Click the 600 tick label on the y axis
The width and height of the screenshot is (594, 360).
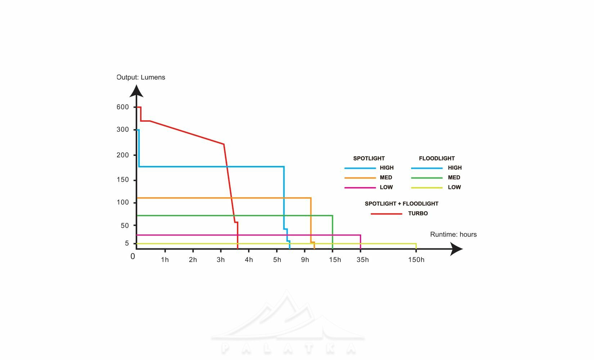pos(122,107)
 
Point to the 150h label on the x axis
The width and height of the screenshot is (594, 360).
pos(416,260)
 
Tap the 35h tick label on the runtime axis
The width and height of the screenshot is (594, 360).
pos(363,260)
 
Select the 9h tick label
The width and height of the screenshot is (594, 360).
pos(305,260)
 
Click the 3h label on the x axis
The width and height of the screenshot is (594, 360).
pos(221,260)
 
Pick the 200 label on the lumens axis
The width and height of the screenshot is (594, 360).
pos(122,155)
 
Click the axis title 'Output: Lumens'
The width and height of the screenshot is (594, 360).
pos(141,77)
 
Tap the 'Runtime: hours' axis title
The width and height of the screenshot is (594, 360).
pos(453,234)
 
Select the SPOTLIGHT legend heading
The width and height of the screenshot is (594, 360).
pos(369,158)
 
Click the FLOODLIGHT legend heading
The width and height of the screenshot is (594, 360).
pos(437,158)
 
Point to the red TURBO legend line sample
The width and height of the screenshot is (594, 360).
pos(386,214)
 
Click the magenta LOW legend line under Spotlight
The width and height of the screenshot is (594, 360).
pos(360,188)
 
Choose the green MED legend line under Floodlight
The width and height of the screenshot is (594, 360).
pos(427,178)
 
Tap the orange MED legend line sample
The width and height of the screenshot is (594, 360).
pos(360,178)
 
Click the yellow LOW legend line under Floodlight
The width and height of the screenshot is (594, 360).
pos(427,188)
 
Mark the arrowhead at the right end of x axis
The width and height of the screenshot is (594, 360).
pos(456,249)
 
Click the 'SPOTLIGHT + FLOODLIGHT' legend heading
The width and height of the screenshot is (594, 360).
pos(401,204)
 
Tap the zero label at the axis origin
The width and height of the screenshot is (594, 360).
pos(133,256)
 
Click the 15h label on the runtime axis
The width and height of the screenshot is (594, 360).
pos(335,260)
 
